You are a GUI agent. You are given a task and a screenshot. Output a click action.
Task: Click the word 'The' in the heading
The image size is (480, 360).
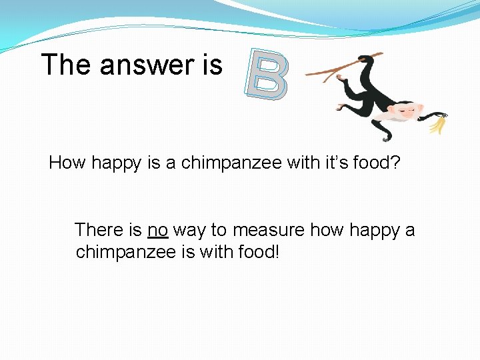click(x=66, y=65)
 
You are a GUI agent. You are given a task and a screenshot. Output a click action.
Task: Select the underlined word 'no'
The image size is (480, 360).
click(x=157, y=231)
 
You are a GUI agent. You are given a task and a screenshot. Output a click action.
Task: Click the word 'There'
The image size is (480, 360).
click(x=99, y=231)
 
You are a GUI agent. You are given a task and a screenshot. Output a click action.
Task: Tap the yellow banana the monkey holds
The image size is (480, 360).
click(x=437, y=124)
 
